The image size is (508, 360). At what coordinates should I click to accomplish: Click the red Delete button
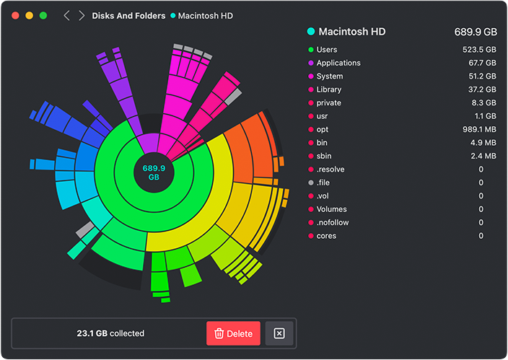tap(233, 333)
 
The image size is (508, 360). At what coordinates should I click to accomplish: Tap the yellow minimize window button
tap(29, 15)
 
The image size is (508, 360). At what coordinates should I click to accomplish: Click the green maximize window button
tap(43, 15)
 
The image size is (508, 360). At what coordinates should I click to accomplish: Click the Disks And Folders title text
tap(128, 16)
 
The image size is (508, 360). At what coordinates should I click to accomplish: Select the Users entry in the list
tap(327, 50)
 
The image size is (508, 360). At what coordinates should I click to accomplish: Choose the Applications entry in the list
tap(338, 63)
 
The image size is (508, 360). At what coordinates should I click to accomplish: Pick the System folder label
tap(329, 76)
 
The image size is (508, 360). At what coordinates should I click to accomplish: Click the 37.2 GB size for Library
tap(482, 89)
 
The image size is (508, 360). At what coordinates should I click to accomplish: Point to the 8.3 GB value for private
tap(485, 103)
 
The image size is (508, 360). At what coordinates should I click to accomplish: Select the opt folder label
tap(323, 129)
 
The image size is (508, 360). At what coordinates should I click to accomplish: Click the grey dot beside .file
tap(310, 183)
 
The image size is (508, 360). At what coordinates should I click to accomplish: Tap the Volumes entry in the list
tap(332, 209)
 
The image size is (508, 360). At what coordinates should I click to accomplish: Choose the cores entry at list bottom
tap(326, 236)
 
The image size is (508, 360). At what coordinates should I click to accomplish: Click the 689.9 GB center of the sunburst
tap(154, 172)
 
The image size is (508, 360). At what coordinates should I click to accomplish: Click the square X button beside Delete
tap(279, 333)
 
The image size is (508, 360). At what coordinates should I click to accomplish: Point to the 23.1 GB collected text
tap(110, 333)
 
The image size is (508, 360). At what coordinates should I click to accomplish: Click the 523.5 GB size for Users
tap(479, 50)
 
